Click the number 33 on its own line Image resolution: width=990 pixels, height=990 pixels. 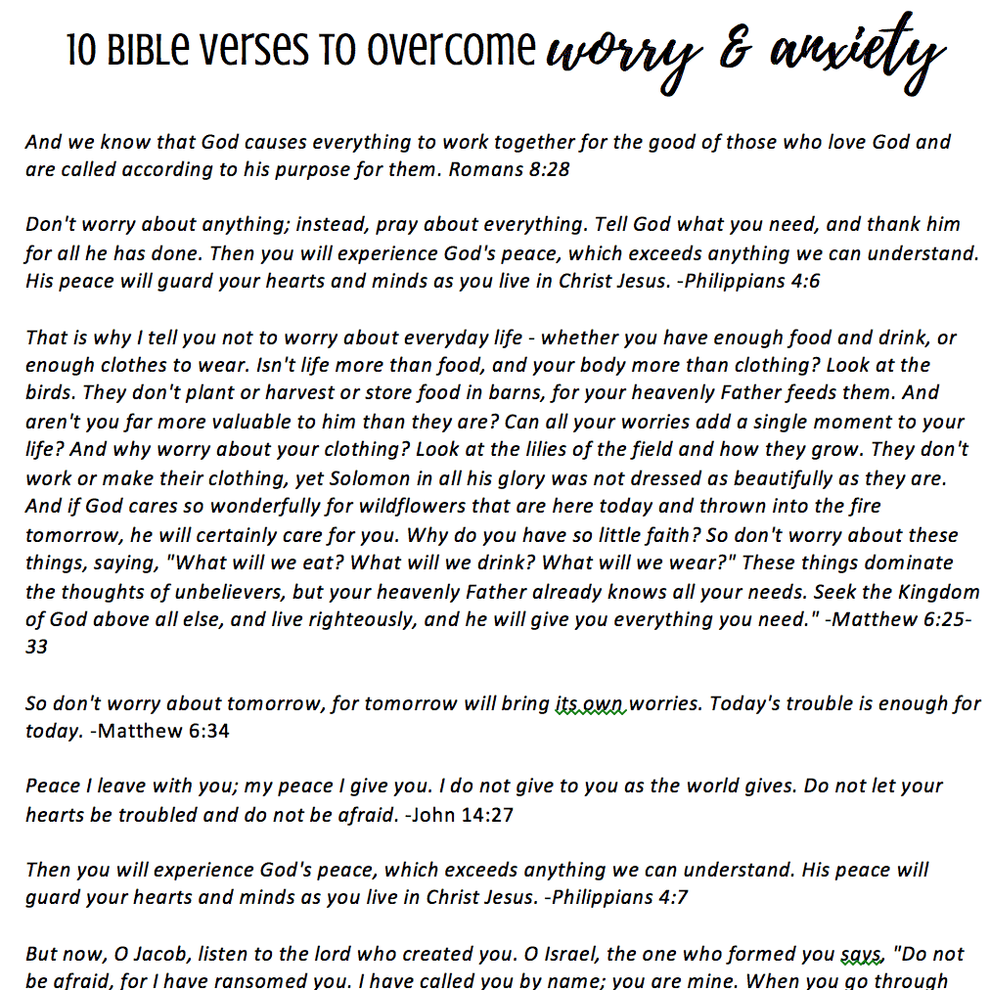click(x=37, y=647)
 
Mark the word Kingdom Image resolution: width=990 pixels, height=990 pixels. click(x=928, y=591)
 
